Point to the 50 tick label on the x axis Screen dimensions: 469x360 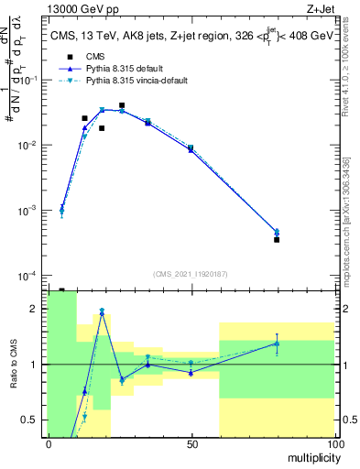point(191,443)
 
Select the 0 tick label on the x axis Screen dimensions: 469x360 point(49,443)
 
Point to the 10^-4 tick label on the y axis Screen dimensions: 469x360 point(28,276)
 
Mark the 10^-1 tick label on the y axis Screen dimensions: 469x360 point(28,81)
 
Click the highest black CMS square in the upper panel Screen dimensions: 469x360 point(122,105)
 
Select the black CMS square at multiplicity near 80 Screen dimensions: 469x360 point(277,240)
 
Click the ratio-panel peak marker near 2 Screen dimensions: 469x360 point(102,311)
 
